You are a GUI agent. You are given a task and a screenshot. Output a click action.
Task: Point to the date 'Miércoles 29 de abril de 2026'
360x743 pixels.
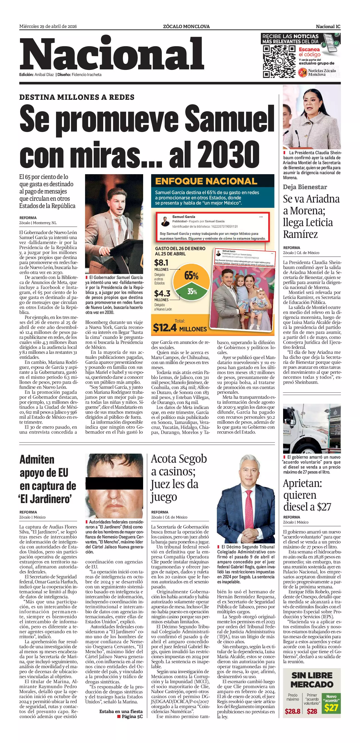point(48,27)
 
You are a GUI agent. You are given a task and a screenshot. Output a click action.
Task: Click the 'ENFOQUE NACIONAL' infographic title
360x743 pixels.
point(206,181)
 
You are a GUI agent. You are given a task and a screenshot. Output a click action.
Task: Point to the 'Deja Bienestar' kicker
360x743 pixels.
point(305,187)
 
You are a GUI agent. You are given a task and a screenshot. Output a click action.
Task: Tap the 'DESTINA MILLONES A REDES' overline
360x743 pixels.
point(77,97)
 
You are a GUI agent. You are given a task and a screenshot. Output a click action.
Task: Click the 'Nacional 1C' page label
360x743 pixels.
point(328,27)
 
